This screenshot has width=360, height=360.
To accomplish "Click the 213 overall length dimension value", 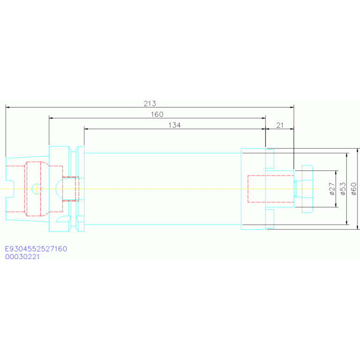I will coord(150,103).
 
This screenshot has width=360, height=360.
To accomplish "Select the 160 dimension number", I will coord(157,114).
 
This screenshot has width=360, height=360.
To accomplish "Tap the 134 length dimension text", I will coord(175,125).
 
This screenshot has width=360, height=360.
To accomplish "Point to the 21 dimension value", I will coord(280,125).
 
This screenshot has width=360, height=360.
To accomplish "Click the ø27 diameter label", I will coord(331,189).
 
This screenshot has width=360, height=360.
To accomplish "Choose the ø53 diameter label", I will coord(342,189).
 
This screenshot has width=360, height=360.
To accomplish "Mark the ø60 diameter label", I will coord(353,189).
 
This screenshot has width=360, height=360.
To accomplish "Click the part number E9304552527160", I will coord(36,249).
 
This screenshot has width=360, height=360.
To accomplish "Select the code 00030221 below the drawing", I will coord(23,257).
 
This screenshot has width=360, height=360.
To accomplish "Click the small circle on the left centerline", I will coord(36,189).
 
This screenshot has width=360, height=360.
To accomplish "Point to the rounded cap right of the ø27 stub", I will coord(307,189).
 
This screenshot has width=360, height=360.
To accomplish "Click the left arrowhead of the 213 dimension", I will coord(8,107).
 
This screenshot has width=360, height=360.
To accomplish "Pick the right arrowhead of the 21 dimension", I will coord(292,129).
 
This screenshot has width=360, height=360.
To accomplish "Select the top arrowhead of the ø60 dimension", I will coord(358,150).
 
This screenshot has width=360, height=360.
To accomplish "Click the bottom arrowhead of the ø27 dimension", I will coord(337,205).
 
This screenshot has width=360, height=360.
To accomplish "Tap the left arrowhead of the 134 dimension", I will coord(86,129).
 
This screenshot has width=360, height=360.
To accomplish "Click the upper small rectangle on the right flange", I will coord(270,158).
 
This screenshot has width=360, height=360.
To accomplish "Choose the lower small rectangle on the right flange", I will coord(270,219).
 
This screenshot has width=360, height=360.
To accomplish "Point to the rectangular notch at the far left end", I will coord(9,189).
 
